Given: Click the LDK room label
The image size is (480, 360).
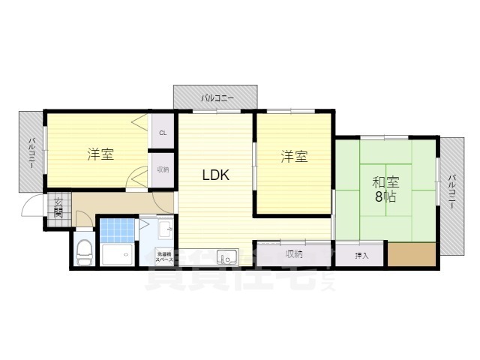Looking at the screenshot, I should click(x=214, y=175).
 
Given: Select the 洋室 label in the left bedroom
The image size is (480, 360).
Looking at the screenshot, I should click(x=100, y=155).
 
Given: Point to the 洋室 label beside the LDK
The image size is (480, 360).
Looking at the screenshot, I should click(x=294, y=157).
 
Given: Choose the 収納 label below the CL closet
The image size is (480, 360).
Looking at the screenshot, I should click(x=163, y=169).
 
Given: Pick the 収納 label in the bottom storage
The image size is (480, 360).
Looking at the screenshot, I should click(x=293, y=253).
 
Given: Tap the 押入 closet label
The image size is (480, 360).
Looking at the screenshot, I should click(x=360, y=256).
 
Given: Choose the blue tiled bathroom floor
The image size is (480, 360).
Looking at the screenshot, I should click(x=116, y=229).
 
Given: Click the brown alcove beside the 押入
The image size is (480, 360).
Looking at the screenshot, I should click(x=411, y=254).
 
